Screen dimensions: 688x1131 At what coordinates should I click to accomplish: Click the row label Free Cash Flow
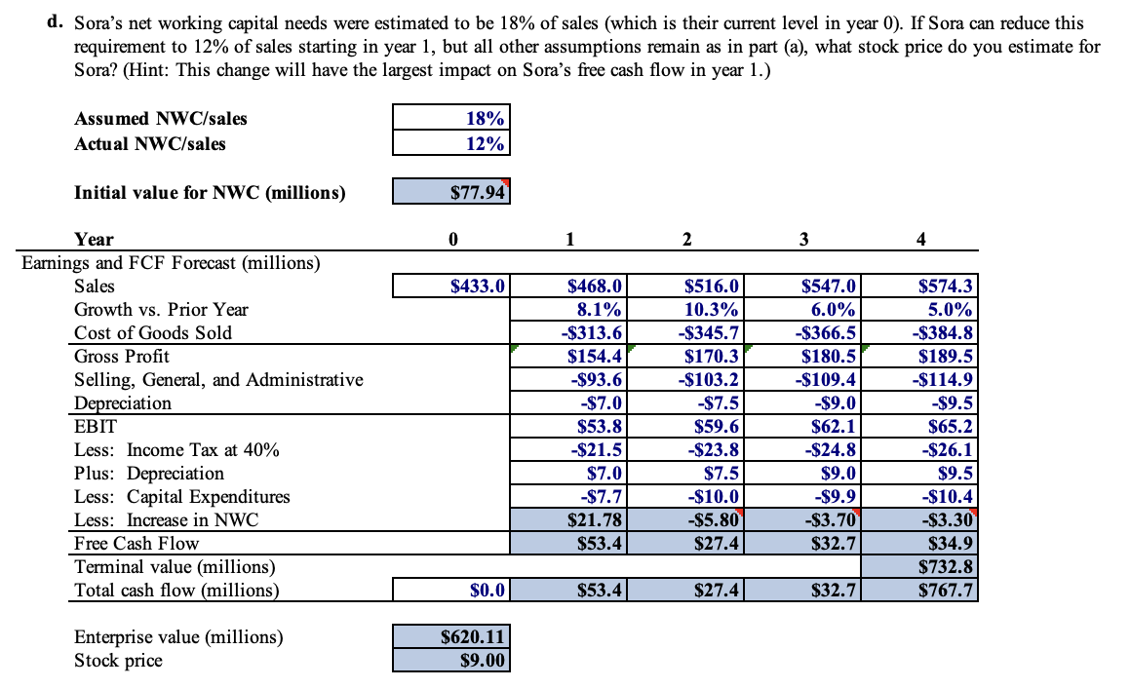pos(136,544)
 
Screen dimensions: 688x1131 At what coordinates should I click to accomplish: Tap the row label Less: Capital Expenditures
pos(182,497)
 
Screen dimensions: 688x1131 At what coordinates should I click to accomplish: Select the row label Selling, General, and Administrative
pos(218,380)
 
